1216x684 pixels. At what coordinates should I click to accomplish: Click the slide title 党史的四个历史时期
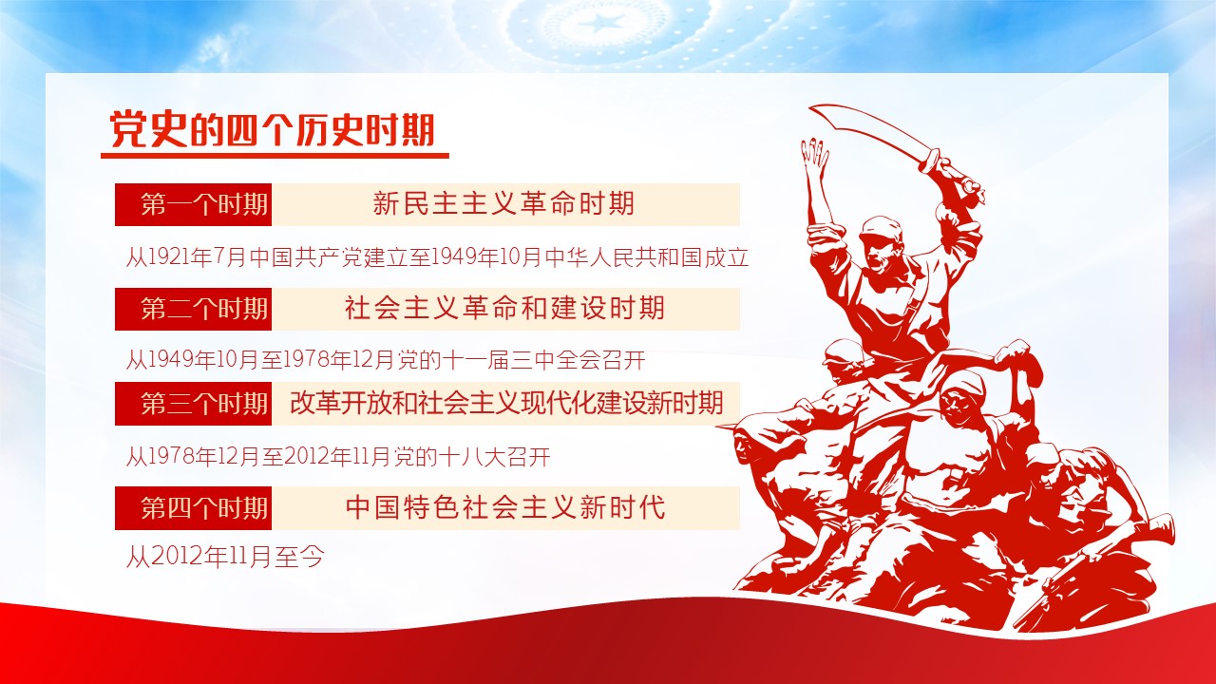pos(273,130)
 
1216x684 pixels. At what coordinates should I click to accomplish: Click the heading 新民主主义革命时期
pos(503,203)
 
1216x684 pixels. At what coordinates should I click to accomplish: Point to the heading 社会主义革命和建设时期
pos(504,308)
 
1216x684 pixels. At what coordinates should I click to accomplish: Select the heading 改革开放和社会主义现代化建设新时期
pos(507,403)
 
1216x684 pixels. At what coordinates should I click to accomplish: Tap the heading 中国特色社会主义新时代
pos(504,507)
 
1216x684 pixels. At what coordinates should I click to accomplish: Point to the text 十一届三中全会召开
pos(544,360)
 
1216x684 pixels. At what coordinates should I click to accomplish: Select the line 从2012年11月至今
pos(225,557)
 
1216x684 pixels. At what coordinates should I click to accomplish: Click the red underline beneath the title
pos(275,156)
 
